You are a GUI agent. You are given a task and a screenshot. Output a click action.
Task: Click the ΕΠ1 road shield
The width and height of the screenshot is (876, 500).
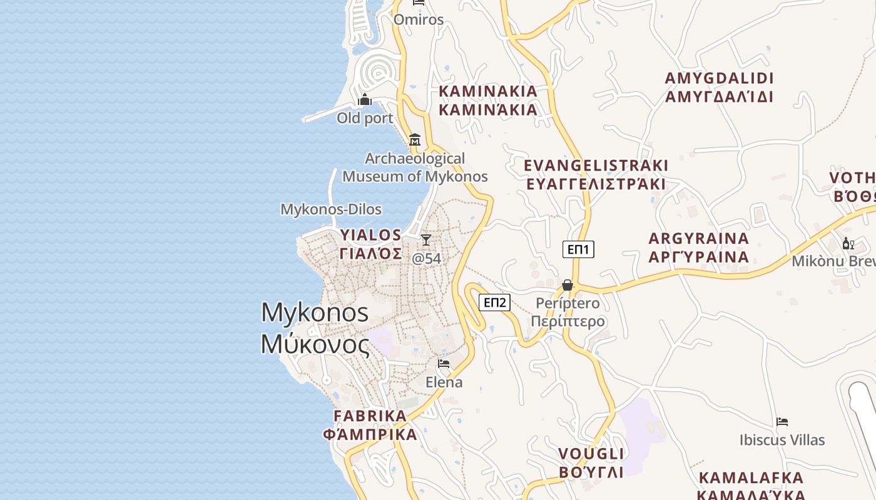click(x=578, y=249)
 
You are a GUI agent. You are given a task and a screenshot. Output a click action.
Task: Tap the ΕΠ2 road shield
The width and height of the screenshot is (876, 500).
click(x=495, y=302)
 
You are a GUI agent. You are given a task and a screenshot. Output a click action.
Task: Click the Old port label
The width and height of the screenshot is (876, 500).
click(x=365, y=118)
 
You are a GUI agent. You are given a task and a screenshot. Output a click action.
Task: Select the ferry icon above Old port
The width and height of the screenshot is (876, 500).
click(x=365, y=99)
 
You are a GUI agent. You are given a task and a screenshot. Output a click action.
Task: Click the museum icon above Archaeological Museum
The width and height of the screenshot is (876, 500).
click(x=414, y=139)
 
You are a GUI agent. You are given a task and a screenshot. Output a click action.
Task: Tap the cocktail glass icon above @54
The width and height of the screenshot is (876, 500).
click(x=426, y=239)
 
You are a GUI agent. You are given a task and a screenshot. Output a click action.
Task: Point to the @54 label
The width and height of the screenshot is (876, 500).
click(x=426, y=258)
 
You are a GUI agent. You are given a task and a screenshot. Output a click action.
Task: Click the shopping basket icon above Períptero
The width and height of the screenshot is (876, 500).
click(x=568, y=285)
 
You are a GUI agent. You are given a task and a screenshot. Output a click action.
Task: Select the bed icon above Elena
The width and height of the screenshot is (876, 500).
click(x=444, y=363)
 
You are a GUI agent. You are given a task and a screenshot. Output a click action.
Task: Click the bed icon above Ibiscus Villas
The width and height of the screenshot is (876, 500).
click(x=782, y=421)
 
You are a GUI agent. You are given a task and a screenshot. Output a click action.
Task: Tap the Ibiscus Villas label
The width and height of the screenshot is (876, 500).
click(x=782, y=440)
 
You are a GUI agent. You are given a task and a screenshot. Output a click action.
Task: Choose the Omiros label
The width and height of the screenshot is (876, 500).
click(x=419, y=19)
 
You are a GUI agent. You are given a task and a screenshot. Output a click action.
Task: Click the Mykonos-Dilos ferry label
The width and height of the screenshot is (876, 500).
click(x=331, y=209)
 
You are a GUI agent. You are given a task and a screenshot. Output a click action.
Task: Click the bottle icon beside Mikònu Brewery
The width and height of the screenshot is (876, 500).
click(x=848, y=243)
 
